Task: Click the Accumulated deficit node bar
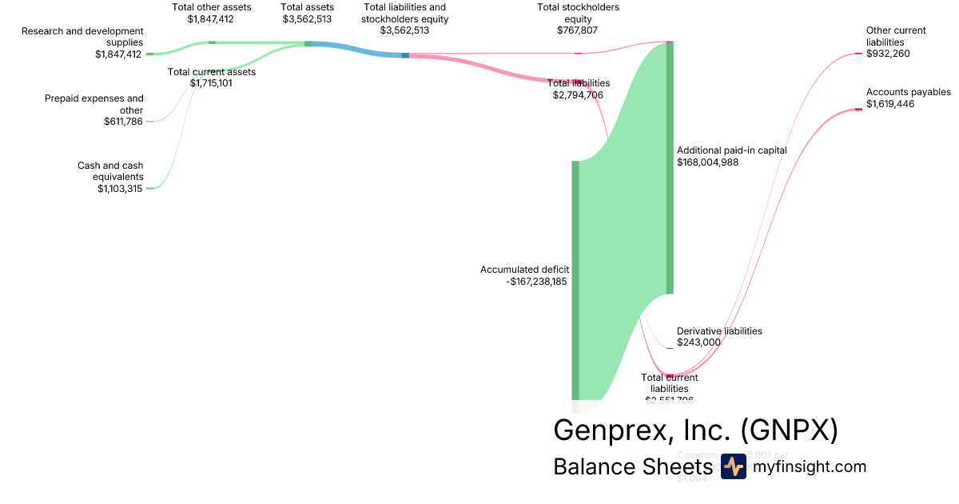point(575,280)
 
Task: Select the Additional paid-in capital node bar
point(670,168)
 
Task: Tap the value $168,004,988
point(707,162)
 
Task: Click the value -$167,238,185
point(538,282)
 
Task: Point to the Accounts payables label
point(908,92)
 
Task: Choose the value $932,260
point(888,54)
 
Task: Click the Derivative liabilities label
point(719,330)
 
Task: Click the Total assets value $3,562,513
point(307,19)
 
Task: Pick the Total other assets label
point(211,7)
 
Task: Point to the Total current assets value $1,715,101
point(211,82)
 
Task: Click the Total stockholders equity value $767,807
point(577,30)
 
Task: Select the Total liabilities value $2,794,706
point(578,95)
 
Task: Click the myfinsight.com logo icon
point(733,466)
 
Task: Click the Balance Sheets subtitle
point(632,467)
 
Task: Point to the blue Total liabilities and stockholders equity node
point(405,54)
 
